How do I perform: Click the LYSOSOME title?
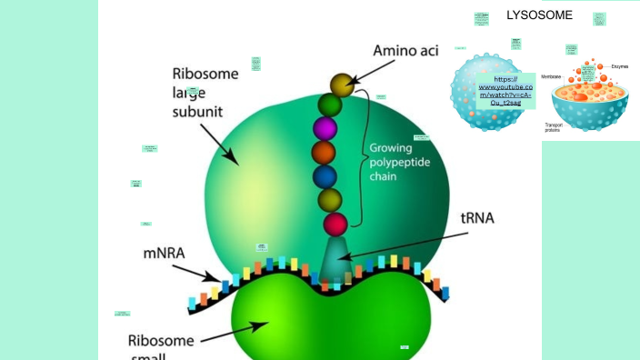click(539, 15)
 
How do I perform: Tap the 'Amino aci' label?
click(405, 51)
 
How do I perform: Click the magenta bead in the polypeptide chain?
click(325, 128)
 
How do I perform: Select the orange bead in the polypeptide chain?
click(324, 152)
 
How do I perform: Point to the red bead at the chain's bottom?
click(335, 224)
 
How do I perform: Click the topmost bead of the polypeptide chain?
click(341, 85)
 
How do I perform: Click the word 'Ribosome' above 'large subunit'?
click(205, 74)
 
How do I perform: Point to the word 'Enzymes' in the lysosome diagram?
click(619, 66)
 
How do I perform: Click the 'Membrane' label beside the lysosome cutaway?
click(551, 77)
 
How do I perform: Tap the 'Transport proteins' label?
click(553, 128)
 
